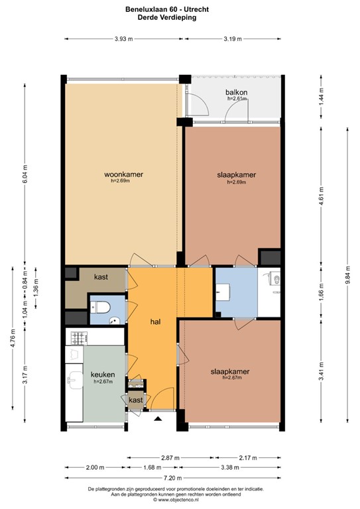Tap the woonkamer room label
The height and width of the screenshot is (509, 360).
click(123, 175)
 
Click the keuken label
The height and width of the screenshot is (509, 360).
click(103, 374)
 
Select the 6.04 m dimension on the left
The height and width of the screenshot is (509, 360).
click(25, 174)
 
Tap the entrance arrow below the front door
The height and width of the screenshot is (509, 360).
click(158, 419)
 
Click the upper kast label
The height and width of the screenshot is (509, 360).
click(101, 276)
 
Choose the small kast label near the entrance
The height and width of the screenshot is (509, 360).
click(135, 400)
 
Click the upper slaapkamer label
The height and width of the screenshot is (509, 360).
click(237, 175)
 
